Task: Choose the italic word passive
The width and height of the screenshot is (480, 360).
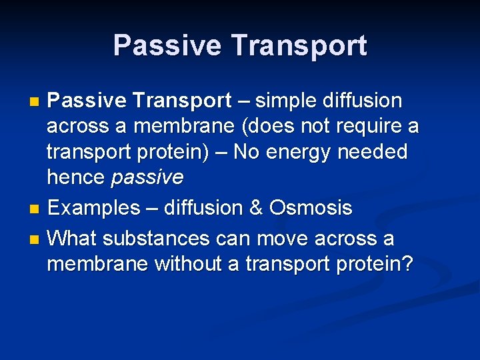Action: (147, 177)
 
